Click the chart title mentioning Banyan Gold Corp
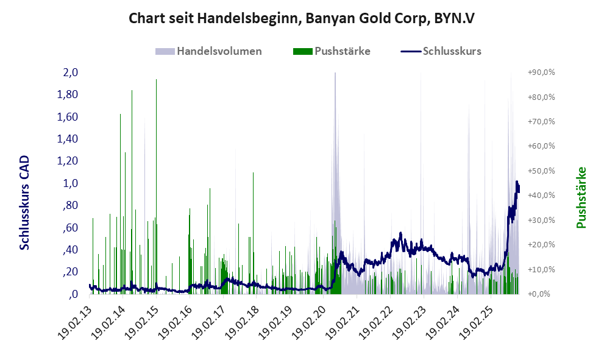point(302,18)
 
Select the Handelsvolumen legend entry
point(219,51)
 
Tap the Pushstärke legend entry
point(342,51)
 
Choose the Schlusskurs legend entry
point(452,51)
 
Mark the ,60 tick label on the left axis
point(69,227)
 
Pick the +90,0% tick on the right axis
point(541,72)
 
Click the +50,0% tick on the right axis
point(541,171)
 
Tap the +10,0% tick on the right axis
point(541,269)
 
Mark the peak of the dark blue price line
point(517,182)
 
